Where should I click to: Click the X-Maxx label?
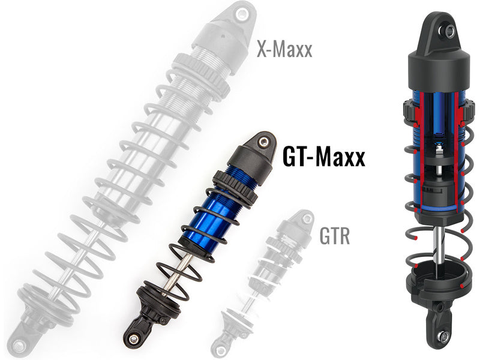pyautogui.click(x=284, y=49)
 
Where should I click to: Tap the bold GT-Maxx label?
pyautogui.click(x=323, y=158)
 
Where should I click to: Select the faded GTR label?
pyautogui.click(x=335, y=236)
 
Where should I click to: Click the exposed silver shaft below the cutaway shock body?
pyautogui.click(x=439, y=240)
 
